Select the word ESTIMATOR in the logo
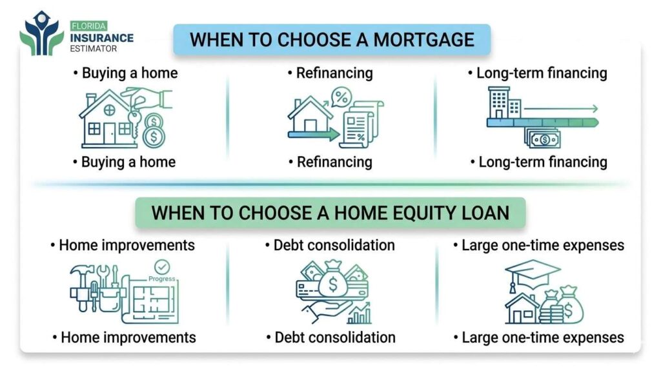(95, 48)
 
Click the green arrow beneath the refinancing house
(313, 135)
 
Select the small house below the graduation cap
(522, 310)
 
